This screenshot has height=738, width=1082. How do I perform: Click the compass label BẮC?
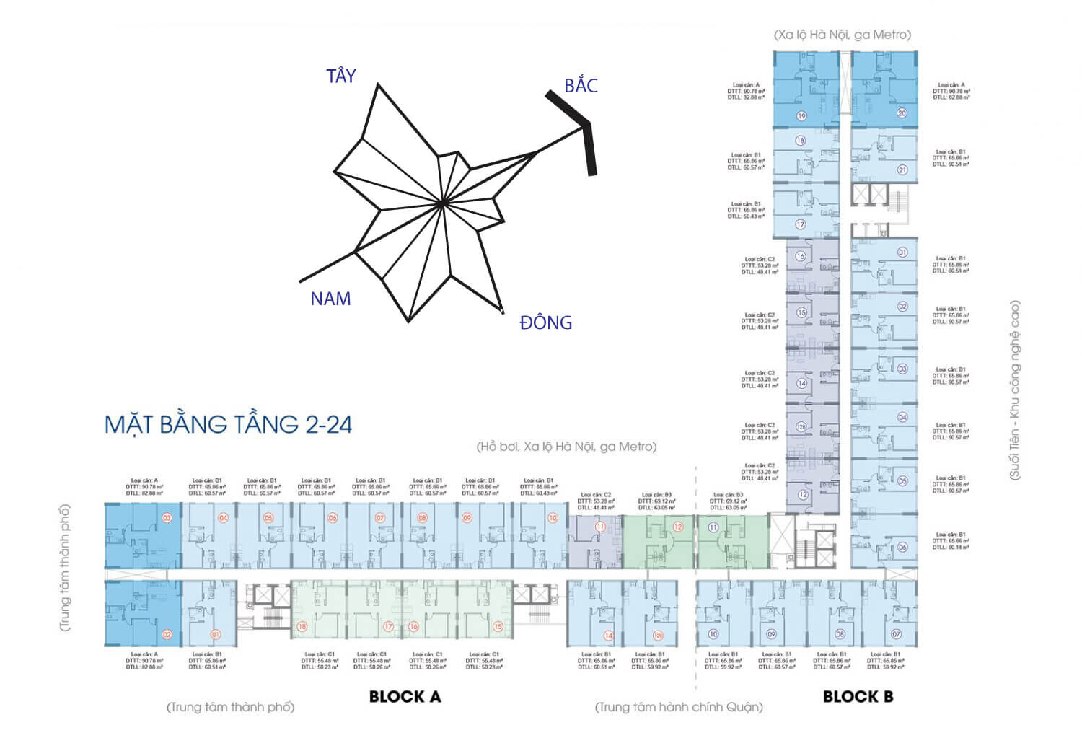tap(581, 86)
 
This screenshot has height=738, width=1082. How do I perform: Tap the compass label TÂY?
tap(340, 76)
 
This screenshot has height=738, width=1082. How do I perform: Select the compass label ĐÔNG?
tap(545, 322)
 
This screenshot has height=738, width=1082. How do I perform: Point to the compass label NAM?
tap(330, 299)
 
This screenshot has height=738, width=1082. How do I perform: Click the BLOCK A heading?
tap(405, 696)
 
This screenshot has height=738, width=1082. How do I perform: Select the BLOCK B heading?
tap(858, 696)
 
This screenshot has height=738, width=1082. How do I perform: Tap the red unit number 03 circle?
tap(167, 517)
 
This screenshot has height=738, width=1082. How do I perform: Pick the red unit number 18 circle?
tap(302, 627)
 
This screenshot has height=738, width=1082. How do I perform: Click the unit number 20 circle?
tap(902, 113)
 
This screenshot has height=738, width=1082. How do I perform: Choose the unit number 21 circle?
tap(902, 171)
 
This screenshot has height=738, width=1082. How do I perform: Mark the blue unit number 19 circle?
tap(801, 115)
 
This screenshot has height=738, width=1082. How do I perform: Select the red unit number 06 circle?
tap(333, 517)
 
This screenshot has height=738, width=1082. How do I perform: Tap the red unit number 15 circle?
tap(498, 627)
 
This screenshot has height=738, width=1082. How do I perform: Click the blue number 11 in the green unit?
tap(713, 527)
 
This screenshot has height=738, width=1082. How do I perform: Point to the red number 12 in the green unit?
tap(677, 527)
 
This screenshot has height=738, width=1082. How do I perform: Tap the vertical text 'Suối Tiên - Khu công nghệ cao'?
tap(1015, 390)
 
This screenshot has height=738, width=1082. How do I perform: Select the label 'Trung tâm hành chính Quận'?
tap(678, 707)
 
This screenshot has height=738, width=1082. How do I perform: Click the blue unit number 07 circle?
tap(897, 634)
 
